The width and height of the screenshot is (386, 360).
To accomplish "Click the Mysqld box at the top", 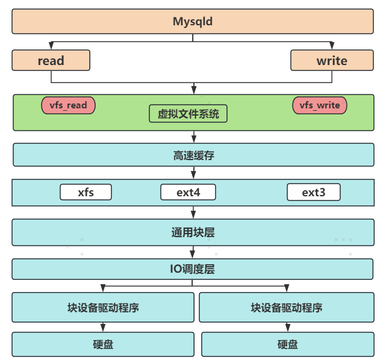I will [193, 22].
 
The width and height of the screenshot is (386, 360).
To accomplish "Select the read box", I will [51, 60].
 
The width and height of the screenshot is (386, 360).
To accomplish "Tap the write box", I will [331, 60].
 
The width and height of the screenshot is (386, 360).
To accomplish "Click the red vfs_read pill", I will [68, 105].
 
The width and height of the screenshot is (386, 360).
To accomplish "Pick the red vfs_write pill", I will [320, 105].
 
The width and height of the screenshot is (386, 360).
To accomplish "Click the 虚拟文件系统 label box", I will [188, 114].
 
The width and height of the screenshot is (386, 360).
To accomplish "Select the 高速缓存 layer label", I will [193, 155].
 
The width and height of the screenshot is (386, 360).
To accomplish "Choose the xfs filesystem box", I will [86, 193].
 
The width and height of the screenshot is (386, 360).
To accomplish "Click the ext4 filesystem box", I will [188, 193].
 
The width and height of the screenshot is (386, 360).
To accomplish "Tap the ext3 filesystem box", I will [313, 193].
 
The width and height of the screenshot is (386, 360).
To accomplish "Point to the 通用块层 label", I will [193, 232].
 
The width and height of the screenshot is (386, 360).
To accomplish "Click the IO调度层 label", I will [193, 269].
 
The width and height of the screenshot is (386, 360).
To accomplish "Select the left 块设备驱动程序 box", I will [103, 308].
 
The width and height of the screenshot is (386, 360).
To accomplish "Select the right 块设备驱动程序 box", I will [287, 308].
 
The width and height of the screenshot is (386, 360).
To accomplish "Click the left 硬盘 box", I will [103, 344].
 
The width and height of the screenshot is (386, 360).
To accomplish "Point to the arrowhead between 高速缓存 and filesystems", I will [193, 175].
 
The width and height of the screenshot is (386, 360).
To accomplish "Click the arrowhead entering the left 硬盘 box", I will [103, 329].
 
